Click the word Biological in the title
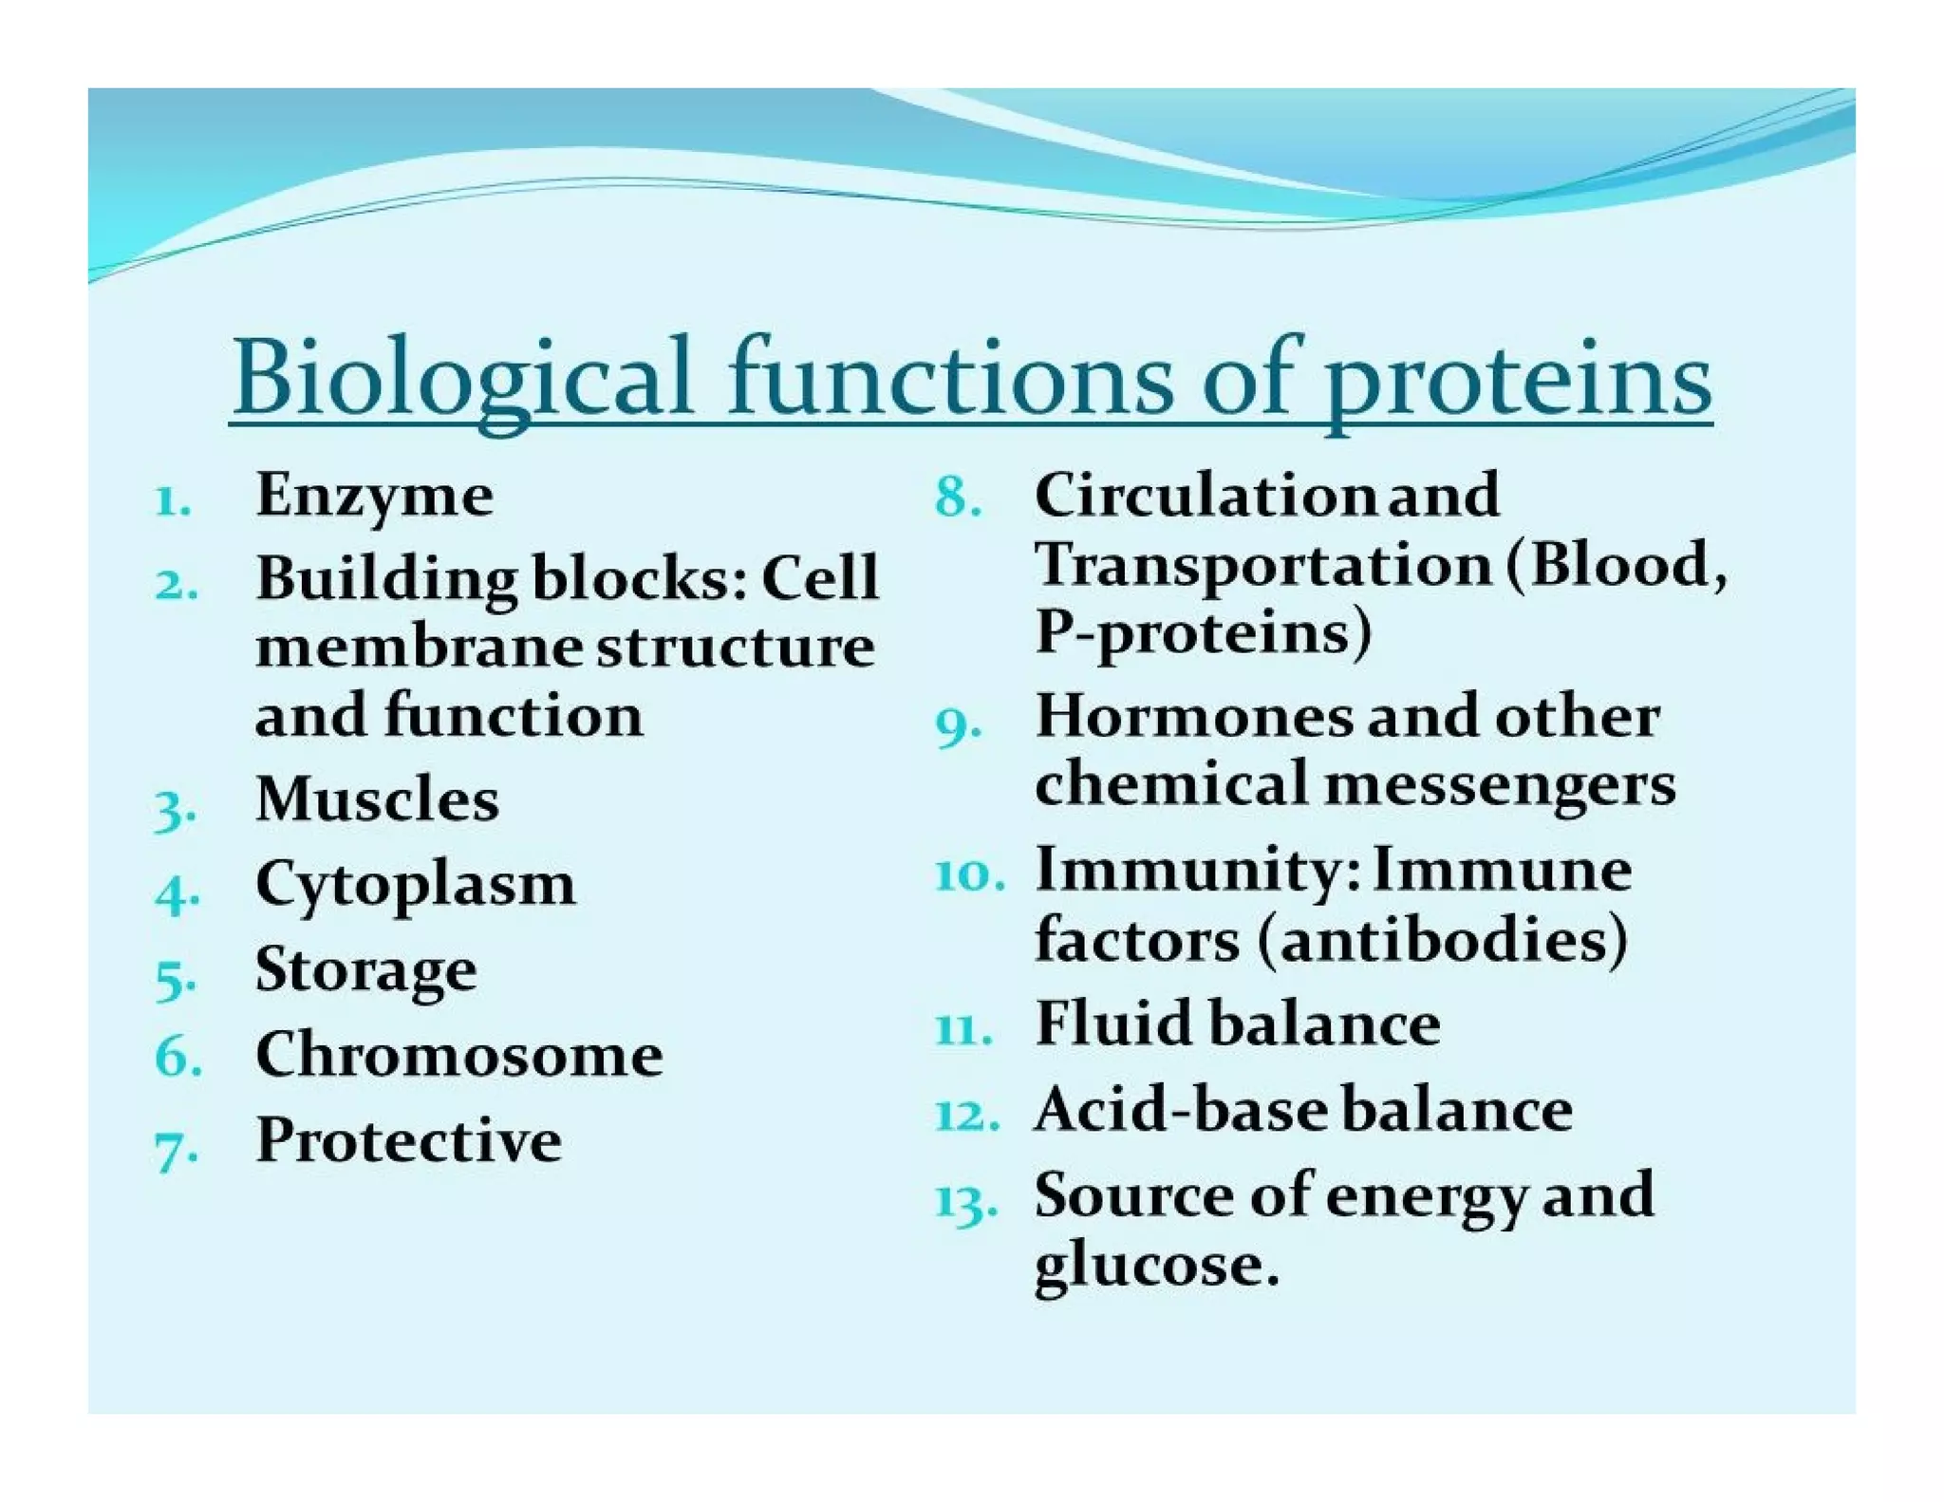click(462, 378)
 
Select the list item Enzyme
click(374, 496)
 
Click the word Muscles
click(377, 799)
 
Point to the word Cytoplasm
click(415, 885)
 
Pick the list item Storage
click(365, 970)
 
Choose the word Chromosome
click(458, 1055)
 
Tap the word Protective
click(408, 1140)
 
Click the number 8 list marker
click(956, 498)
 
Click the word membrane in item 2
click(419, 648)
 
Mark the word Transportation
click(1262, 566)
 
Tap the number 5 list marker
click(175, 980)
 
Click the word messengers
click(1500, 786)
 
